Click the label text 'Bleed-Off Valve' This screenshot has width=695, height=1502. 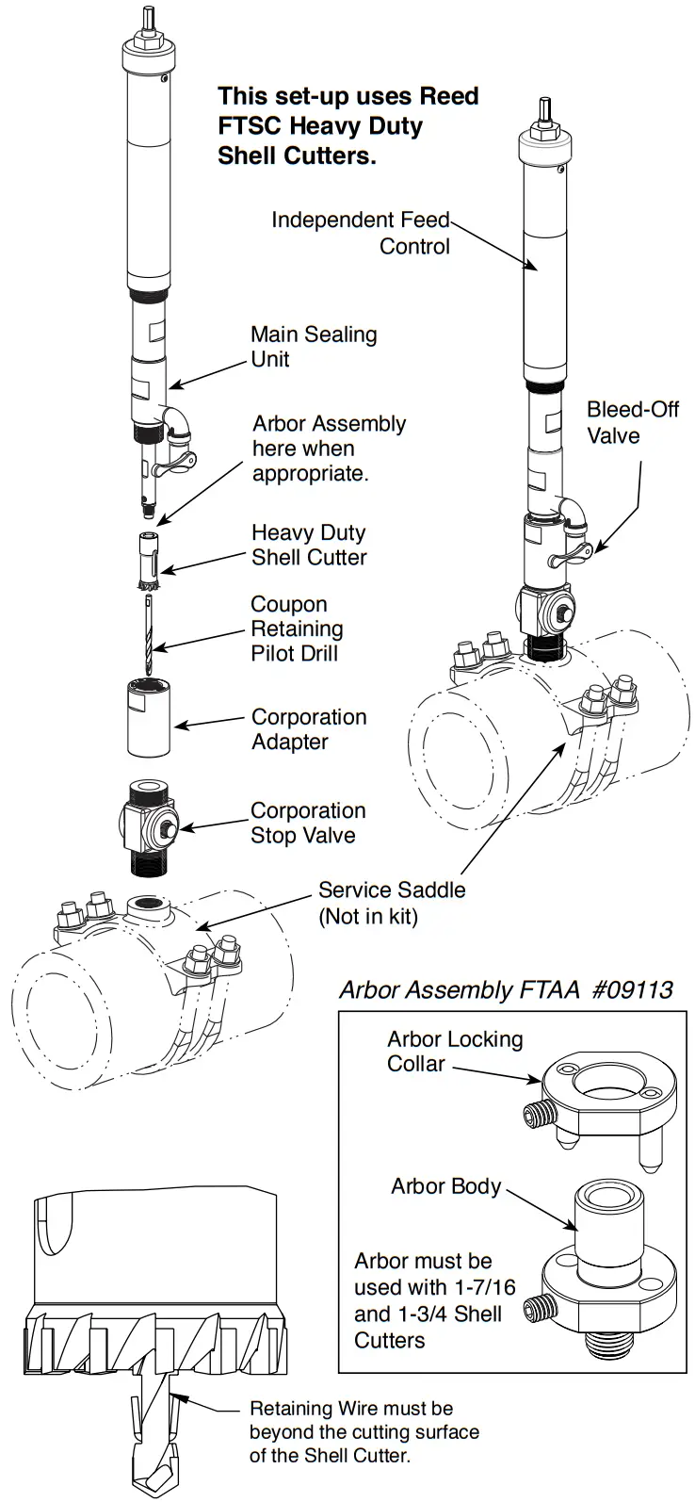tap(632, 422)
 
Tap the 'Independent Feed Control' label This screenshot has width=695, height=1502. tap(361, 233)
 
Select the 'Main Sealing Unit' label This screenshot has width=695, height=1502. tap(313, 346)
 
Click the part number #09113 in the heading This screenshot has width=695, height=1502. tap(633, 989)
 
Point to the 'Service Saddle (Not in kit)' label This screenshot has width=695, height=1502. tap(391, 903)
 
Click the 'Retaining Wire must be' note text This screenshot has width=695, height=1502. tap(350, 1409)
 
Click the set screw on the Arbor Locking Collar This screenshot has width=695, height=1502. tap(537, 1115)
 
